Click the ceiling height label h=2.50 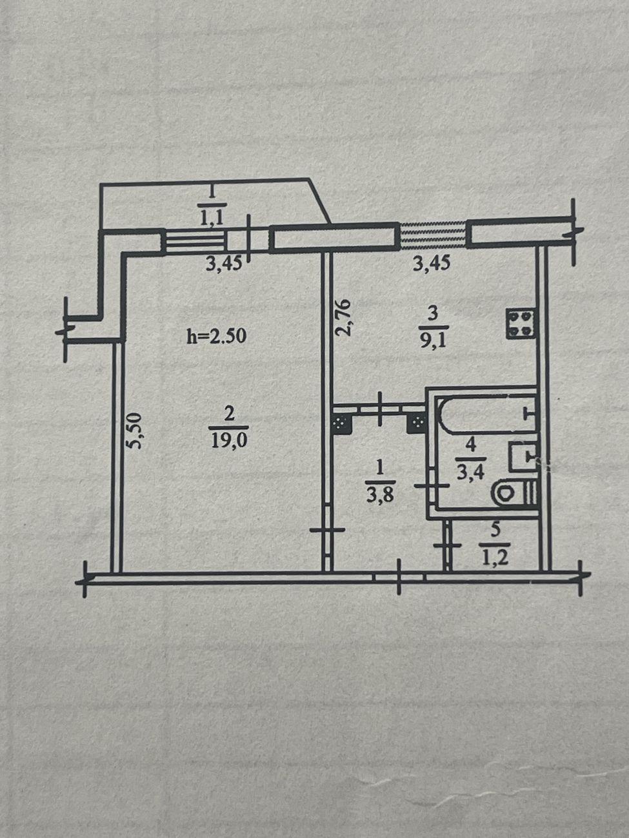point(217,336)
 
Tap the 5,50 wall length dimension point(134,429)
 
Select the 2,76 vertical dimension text point(343,317)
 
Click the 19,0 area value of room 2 point(229,441)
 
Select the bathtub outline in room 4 point(487,415)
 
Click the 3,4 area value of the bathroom point(471,473)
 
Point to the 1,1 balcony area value point(212,219)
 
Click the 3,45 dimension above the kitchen point(432,263)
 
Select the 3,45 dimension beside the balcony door point(224,264)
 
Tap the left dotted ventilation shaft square point(342,423)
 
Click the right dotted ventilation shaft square point(417,422)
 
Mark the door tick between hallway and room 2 point(327,529)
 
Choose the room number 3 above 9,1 point(433,315)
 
